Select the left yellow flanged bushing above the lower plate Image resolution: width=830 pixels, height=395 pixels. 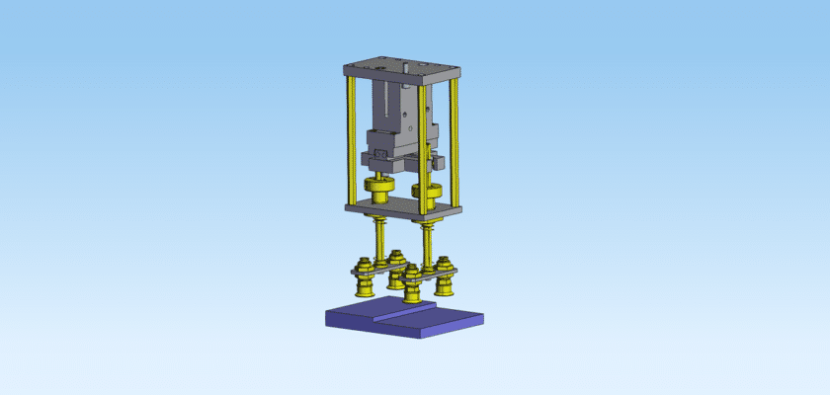(378, 186)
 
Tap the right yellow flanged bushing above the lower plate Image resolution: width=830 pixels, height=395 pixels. (430, 189)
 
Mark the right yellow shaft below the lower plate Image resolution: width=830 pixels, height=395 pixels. (427, 242)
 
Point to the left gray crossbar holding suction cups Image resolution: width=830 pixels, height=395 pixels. (380, 271)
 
